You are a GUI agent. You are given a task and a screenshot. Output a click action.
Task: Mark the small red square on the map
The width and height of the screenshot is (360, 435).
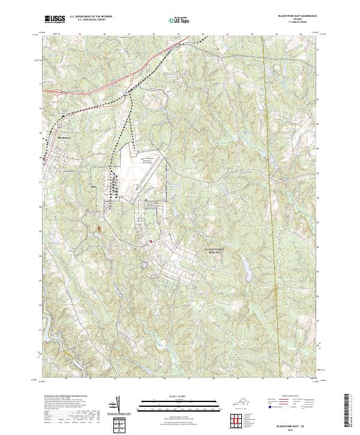point(151,242)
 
